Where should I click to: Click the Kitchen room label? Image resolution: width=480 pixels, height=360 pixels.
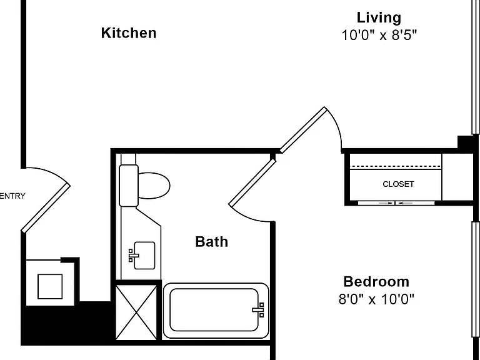[x=129, y=33]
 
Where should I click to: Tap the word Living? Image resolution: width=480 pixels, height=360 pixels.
[x=379, y=17]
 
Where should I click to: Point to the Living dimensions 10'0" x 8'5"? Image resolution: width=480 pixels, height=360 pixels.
[x=379, y=35]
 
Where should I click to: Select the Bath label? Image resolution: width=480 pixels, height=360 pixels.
[x=211, y=242]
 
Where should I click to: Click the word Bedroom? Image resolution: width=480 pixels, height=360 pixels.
[x=376, y=282]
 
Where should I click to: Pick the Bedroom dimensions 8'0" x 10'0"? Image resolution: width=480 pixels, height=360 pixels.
[x=376, y=299]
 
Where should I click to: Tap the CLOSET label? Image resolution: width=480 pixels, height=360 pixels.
[x=398, y=184]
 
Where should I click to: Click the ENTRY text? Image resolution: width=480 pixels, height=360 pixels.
[x=12, y=196]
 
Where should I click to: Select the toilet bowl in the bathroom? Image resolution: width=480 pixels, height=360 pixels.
[x=154, y=186]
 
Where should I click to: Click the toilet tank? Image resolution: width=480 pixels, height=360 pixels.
[x=129, y=186]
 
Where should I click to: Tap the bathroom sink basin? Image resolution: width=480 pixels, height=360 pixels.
[x=144, y=256]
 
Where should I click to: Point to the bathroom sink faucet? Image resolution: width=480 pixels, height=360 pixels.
[x=133, y=256]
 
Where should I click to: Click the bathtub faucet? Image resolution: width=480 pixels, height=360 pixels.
[x=258, y=310]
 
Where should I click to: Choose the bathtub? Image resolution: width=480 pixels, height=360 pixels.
[x=216, y=311]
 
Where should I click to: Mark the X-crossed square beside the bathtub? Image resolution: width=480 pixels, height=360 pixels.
[x=136, y=312]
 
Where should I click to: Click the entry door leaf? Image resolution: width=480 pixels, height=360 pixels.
[x=46, y=208]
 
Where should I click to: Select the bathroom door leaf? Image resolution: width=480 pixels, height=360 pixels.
[x=252, y=182]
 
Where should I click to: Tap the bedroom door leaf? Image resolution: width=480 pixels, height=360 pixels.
[x=303, y=130]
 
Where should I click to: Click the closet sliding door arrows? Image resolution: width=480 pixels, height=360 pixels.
[x=396, y=203]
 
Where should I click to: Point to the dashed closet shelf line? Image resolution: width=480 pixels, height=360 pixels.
[x=396, y=166]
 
